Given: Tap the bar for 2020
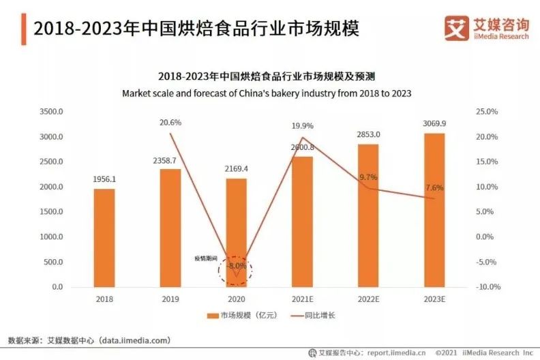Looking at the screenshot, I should (236, 232).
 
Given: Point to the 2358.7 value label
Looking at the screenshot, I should (170, 160).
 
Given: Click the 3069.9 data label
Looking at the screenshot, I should (434, 123).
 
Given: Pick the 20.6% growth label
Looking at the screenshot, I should (170, 122).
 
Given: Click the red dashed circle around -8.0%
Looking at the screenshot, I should (235, 270).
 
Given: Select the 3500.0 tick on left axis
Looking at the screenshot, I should (52, 112).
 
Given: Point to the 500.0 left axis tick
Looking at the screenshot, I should (55, 262).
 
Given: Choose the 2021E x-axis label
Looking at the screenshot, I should (302, 299).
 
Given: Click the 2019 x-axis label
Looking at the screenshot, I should (170, 299).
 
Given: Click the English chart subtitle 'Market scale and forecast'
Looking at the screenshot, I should (266, 93).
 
